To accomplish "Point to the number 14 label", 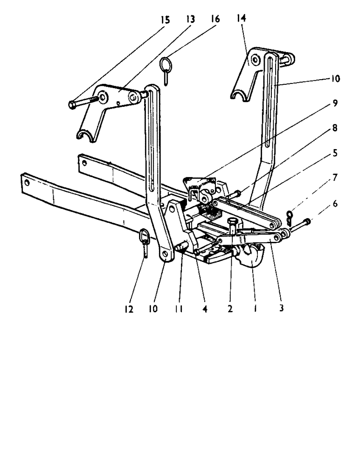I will [241, 18].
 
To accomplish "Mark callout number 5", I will [336, 152].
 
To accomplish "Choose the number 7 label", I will [336, 178].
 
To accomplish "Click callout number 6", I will [336, 204].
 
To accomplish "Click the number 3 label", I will [281, 308].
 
